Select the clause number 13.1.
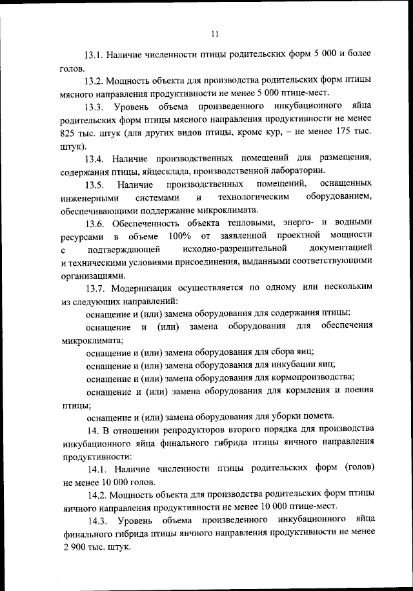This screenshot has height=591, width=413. pyautogui.click(x=95, y=55)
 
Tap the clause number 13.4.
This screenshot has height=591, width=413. pyautogui.click(x=95, y=158)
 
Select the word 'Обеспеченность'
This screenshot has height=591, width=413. pyautogui.click(x=149, y=223)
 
